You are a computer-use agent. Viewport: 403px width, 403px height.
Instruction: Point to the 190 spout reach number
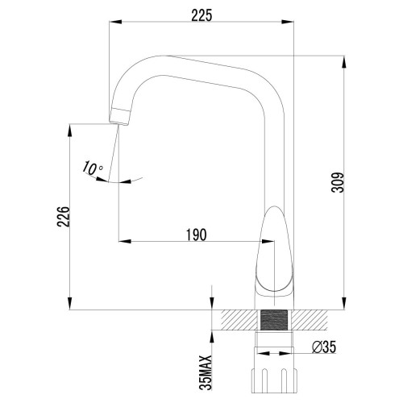(195, 235)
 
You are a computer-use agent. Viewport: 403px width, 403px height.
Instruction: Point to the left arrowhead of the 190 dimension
(123, 241)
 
